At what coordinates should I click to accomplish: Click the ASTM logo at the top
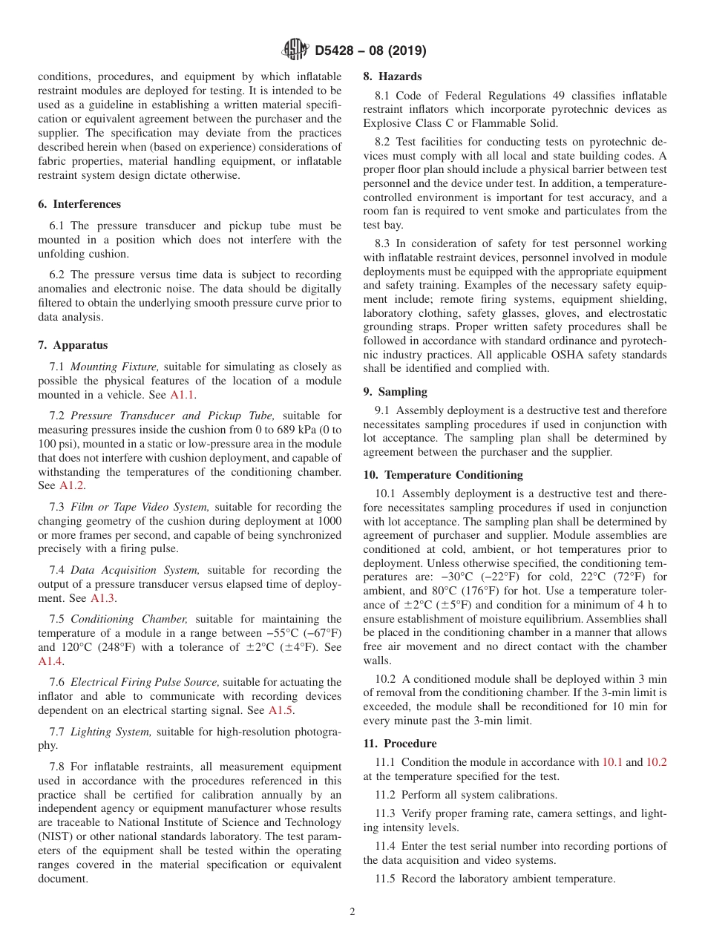click(x=295, y=50)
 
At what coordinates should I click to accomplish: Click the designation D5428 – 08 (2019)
click(x=370, y=51)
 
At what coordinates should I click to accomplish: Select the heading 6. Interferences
click(x=79, y=204)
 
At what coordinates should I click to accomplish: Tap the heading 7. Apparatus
click(x=73, y=345)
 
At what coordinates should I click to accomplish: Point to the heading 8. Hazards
click(x=392, y=76)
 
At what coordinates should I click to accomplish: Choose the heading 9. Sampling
click(x=396, y=392)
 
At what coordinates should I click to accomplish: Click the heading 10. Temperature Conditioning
click(x=442, y=475)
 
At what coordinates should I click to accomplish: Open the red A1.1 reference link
click(x=182, y=395)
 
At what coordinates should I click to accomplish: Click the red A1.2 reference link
click(x=71, y=485)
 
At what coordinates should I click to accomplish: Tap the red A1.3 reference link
click(x=102, y=598)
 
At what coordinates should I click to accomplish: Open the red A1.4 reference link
click(x=50, y=661)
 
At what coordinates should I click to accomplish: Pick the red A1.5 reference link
click(x=281, y=710)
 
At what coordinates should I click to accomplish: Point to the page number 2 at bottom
click(x=352, y=912)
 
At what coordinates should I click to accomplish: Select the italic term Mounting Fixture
click(x=114, y=367)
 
